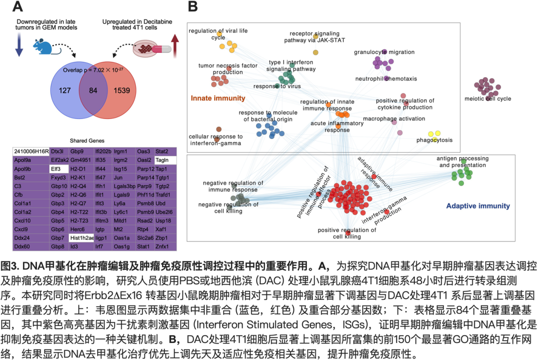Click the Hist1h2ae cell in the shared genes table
[x=82, y=238]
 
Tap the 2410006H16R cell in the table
[x=30, y=151]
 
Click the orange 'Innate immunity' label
[x=218, y=98]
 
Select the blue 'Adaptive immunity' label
[x=478, y=205]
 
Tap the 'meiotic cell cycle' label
[x=487, y=99]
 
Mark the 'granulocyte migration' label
[x=384, y=52]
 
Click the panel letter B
[x=193, y=7]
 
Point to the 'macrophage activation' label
[x=394, y=119]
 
